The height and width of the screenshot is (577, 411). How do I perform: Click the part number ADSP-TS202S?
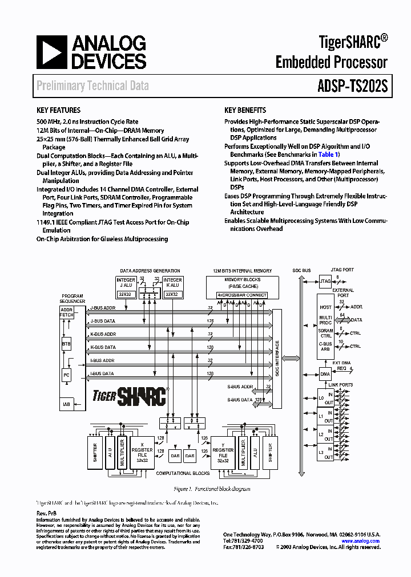352,86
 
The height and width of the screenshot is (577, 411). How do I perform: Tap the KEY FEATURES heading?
58,110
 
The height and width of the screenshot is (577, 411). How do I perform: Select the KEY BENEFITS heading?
245,110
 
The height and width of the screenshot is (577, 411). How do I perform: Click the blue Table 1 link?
328,155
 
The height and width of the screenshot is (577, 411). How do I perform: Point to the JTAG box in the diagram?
325,281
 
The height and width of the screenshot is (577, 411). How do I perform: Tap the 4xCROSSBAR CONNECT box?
243,295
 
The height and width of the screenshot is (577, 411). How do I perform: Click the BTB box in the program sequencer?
67,344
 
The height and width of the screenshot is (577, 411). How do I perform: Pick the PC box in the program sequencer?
67,375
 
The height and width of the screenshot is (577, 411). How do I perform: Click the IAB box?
67,404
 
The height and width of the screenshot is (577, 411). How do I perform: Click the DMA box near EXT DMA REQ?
325,374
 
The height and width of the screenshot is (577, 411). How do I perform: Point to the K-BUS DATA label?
103,347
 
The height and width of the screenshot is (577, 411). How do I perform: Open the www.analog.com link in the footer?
361,541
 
